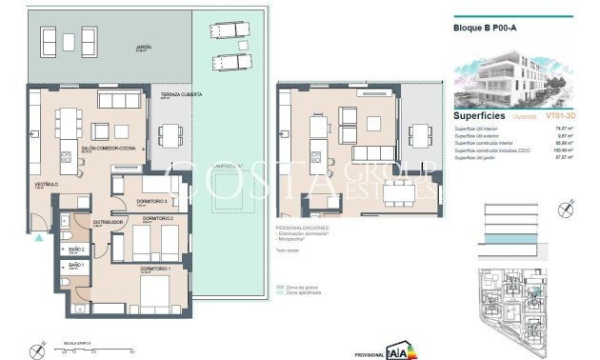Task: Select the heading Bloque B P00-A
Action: coord(485,29)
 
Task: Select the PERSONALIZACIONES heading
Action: coord(302,230)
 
